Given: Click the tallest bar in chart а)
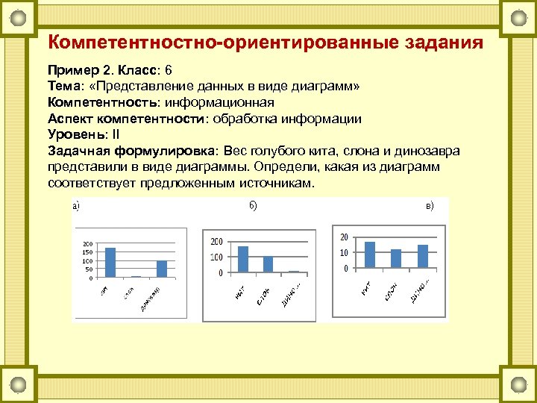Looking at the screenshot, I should pyautogui.click(x=110, y=262).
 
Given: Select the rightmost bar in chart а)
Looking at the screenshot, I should pyautogui.click(x=162, y=269).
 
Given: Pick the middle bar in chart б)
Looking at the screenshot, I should pyautogui.click(x=268, y=265).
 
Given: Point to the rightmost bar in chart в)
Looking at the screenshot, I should pyautogui.click(x=423, y=256).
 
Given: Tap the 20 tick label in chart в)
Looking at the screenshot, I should pyautogui.click(x=344, y=237).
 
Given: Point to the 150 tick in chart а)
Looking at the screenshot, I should pyautogui.click(x=87, y=252).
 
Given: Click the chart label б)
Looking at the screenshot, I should pyautogui.click(x=252, y=205).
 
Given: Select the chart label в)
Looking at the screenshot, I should pyautogui.click(x=430, y=205).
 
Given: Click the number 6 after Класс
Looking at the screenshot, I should pyautogui.click(x=169, y=71).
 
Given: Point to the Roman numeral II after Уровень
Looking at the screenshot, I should pyautogui.click(x=115, y=134).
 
